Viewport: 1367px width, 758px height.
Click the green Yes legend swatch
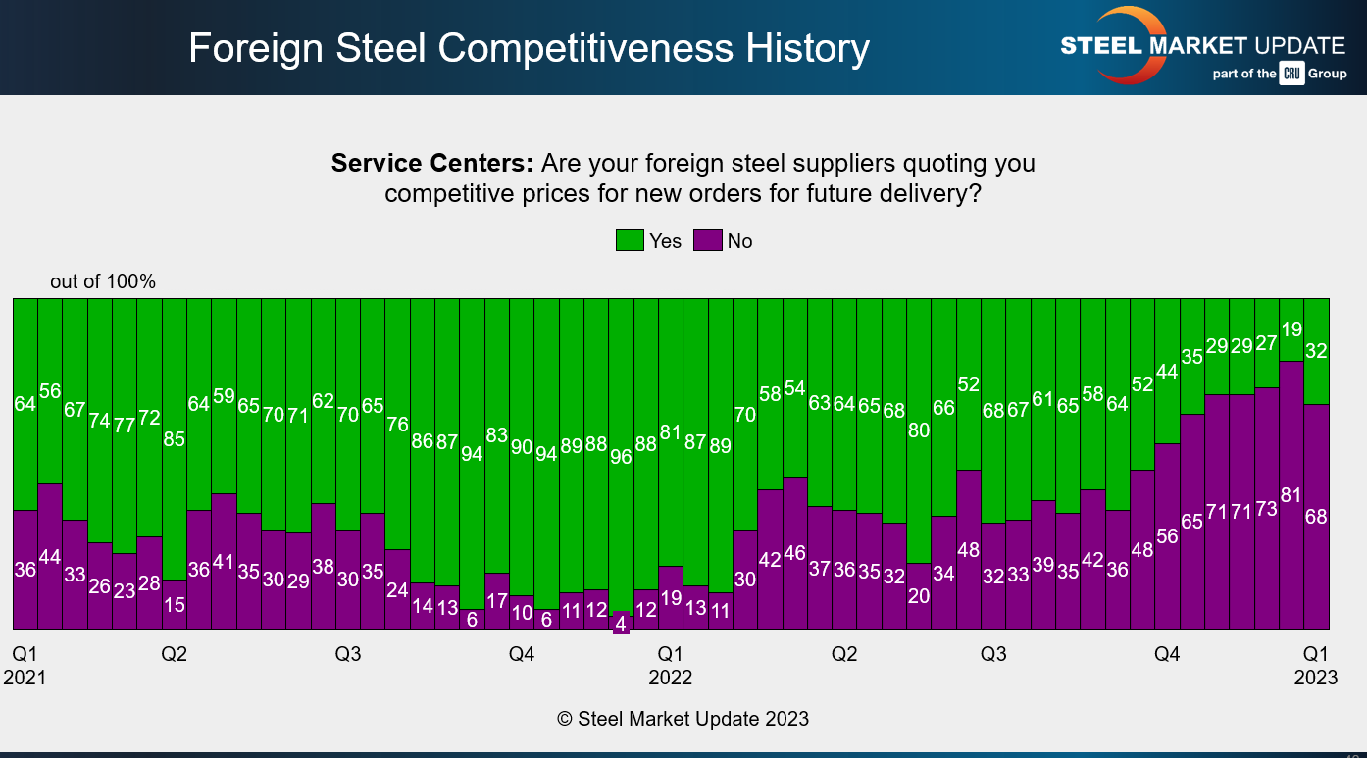(x=630, y=241)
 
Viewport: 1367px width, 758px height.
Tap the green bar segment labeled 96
(x=621, y=456)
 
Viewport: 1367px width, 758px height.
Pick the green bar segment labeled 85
(x=174, y=439)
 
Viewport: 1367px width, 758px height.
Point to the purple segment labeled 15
(x=174, y=604)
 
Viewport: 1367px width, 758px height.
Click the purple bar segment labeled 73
(x=1266, y=508)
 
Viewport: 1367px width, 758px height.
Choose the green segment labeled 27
(x=1266, y=343)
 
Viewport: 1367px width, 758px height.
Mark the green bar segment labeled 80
(x=919, y=430)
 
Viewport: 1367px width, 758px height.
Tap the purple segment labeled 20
(x=919, y=595)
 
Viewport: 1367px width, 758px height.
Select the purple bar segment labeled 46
(x=794, y=552)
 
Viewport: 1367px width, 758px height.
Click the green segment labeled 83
(x=497, y=435)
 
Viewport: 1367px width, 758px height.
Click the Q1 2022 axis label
(x=670, y=666)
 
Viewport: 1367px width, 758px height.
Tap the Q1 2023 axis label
(x=1315, y=666)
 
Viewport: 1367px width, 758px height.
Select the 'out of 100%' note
(x=103, y=282)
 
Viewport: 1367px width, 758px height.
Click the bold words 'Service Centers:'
(x=431, y=163)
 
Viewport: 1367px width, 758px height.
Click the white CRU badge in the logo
(x=1291, y=74)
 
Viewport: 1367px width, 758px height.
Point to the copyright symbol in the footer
(x=565, y=719)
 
